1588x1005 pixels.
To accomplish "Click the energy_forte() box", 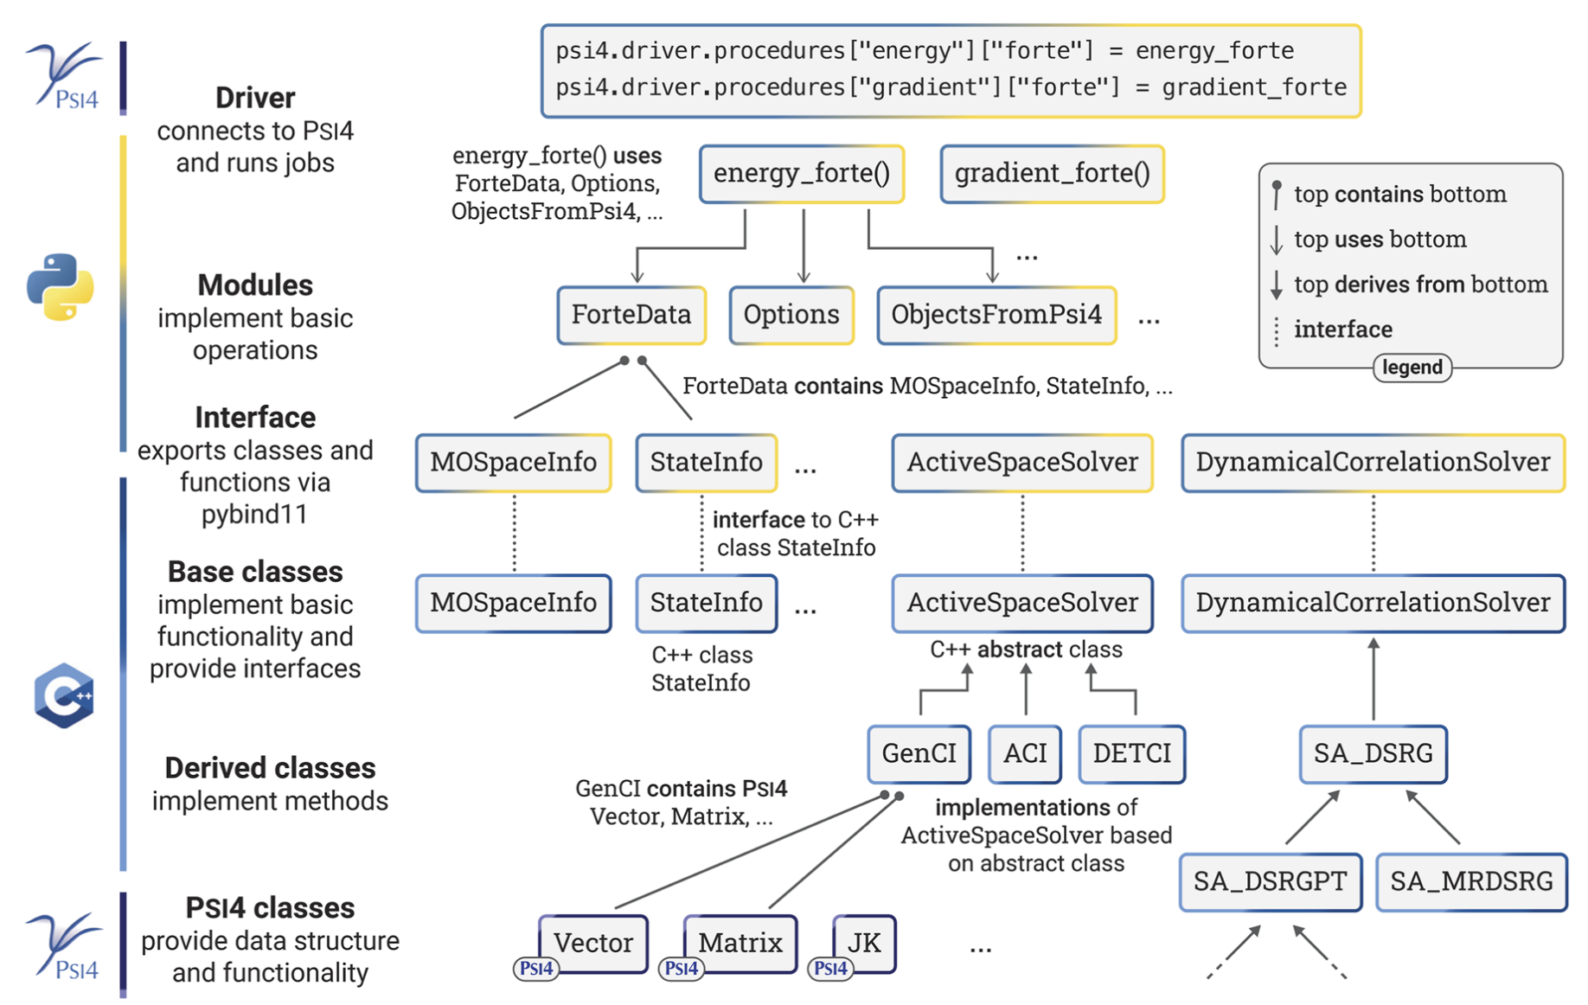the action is click(802, 174).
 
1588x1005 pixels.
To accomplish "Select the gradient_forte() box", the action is click(1052, 174).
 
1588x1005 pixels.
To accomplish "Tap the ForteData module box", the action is click(631, 315).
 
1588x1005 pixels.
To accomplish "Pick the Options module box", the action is click(791, 315).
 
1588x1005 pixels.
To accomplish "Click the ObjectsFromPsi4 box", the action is click(996, 315).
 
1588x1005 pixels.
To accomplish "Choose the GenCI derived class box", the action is click(919, 754).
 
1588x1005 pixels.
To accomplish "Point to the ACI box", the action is click(1025, 754).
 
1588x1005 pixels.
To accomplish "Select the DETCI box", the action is click(1131, 754).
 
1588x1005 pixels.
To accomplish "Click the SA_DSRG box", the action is click(1373, 754).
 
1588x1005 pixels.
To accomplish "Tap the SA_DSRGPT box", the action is click(1271, 882).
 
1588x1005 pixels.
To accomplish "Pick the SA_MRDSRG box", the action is click(1471, 882).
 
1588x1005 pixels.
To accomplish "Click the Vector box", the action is click(593, 944).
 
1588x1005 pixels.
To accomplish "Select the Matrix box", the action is click(740, 944).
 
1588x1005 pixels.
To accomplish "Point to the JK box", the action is click(864, 944).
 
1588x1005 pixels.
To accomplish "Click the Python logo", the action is click(61, 287).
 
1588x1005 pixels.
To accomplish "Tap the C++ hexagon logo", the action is click(64, 695).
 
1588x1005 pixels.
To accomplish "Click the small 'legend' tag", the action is click(1412, 368).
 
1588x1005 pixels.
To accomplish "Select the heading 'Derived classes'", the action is click(270, 768).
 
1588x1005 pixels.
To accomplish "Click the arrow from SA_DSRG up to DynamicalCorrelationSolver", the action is click(1373, 679).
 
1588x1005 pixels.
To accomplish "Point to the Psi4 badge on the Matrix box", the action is click(682, 969).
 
